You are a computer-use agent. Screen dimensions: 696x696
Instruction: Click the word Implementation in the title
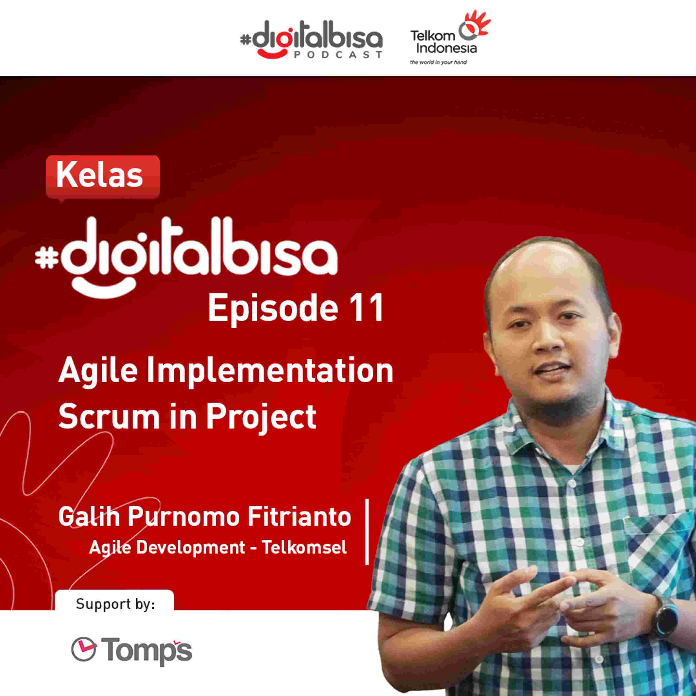click(269, 372)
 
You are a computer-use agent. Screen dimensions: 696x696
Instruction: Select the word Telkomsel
click(304, 548)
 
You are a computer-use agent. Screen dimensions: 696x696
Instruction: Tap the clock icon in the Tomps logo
click(84, 649)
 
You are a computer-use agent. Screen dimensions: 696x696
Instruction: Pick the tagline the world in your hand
click(438, 62)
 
